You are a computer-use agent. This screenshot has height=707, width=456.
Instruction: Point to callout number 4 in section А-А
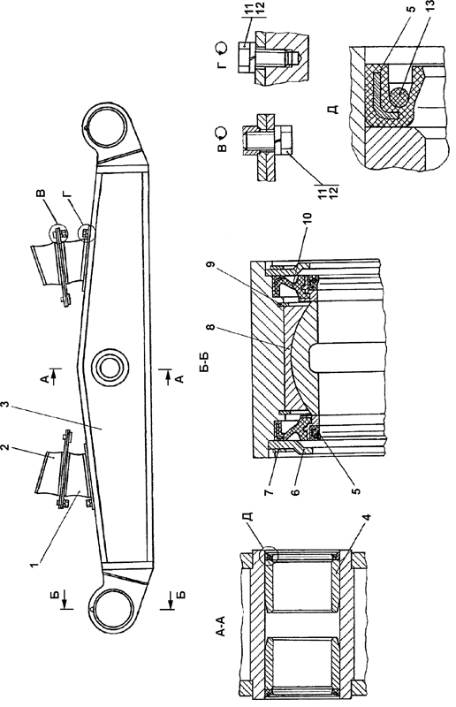[x=368, y=519]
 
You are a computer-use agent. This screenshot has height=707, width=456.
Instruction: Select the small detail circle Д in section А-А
[x=269, y=556]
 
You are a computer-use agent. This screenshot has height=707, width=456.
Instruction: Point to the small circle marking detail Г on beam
[x=84, y=232]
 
